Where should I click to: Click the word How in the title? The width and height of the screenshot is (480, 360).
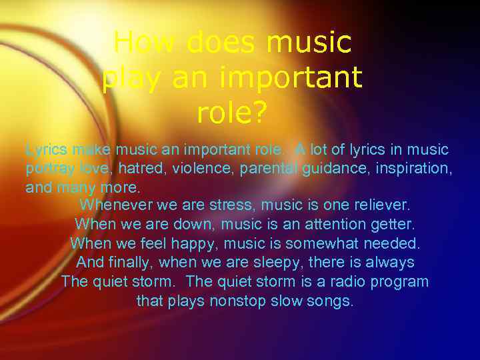(144, 43)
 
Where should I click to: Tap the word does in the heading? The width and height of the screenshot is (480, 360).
(220, 43)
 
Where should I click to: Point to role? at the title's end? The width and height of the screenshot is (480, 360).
(232, 114)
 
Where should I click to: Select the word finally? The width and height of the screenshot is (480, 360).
(131, 263)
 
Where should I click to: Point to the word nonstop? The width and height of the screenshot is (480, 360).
(238, 301)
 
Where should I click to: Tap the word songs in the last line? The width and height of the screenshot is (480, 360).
(333, 301)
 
